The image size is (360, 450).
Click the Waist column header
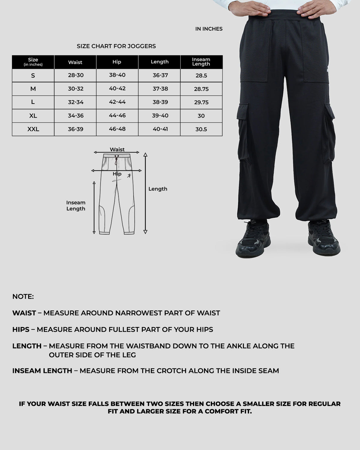tap(75, 62)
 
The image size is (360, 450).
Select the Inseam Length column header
tap(201, 62)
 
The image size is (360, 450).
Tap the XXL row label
tap(33, 129)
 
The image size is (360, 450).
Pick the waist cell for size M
tap(76, 89)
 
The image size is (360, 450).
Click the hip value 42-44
tap(117, 102)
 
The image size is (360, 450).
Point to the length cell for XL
tap(160, 116)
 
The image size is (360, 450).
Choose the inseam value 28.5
tap(201, 76)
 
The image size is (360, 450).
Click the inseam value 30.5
tap(201, 129)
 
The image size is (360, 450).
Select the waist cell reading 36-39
tap(76, 129)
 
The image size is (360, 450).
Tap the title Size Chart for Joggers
tap(116, 46)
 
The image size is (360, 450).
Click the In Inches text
tap(209, 29)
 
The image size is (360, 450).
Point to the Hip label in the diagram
tap(117, 174)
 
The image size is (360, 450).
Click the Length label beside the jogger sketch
tap(157, 189)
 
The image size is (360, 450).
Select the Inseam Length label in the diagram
tap(76, 206)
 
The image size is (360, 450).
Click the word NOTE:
tap(23, 297)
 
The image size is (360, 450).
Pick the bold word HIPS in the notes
tap(21, 329)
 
